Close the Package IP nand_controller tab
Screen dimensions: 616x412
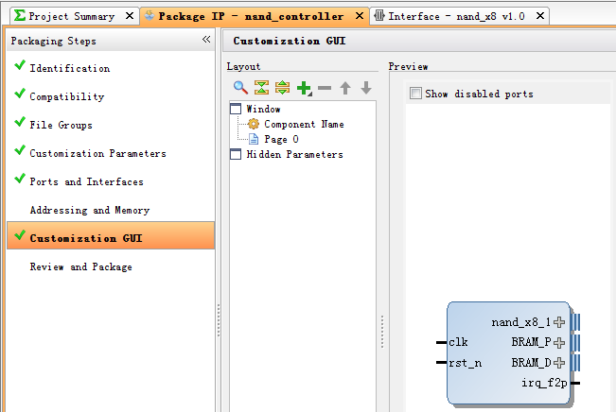[359, 16]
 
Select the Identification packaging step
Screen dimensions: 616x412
[70, 68]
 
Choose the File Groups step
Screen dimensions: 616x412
[61, 125]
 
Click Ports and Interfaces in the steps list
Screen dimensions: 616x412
[86, 181]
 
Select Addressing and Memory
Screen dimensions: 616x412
[90, 211]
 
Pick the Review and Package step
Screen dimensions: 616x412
[81, 266]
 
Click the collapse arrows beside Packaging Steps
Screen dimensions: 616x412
[206, 40]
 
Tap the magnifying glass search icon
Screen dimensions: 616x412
[240, 88]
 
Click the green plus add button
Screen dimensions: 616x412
[304, 88]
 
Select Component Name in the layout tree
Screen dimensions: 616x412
[304, 125]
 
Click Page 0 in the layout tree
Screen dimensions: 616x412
[281, 139]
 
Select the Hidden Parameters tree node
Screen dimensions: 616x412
[294, 155]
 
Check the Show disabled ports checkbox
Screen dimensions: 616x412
[415, 94]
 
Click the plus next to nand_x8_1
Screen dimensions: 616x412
[559, 322]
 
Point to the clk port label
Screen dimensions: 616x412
[458, 342]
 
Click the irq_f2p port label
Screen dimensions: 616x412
[544, 383]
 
